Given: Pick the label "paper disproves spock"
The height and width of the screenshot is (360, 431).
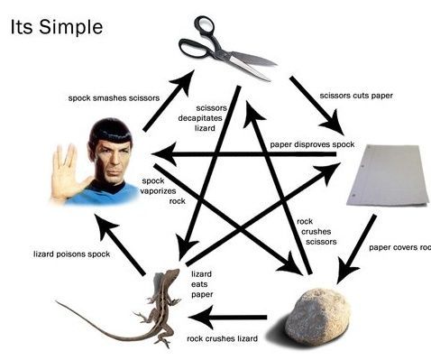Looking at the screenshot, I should pos(312,145).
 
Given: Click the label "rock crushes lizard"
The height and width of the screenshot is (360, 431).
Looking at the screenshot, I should pos(222,338).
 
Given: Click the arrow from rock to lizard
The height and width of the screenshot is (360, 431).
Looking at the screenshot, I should pos(234,317).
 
